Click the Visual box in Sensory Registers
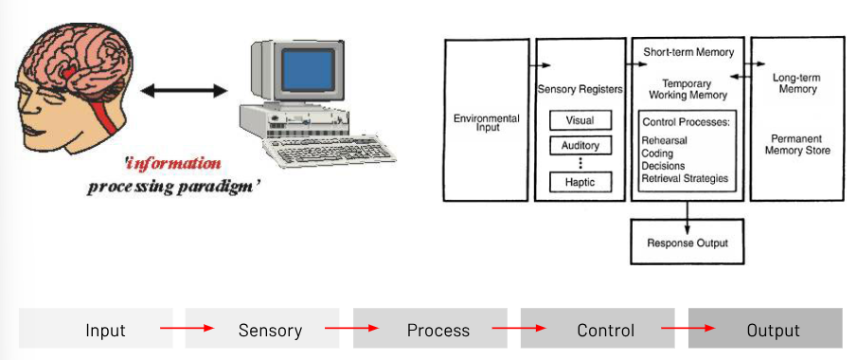tap(580, 120)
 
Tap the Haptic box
tap(580, 180)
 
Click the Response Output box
tap(687, 243)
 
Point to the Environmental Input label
tap(486, 122)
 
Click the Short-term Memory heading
tap(688, 52)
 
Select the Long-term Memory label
tap(796, 82)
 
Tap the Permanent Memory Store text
tap(796, 144)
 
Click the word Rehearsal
tap(666, 140)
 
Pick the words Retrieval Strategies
tap(685, 178)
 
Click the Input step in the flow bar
tap(105, 330)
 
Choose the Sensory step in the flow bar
tap(270, 330)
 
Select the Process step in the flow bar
tap(437, 330)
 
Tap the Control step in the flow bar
tap(605, 330)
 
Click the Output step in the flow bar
tap(773, 330)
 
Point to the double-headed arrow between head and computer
tap(184, 91)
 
